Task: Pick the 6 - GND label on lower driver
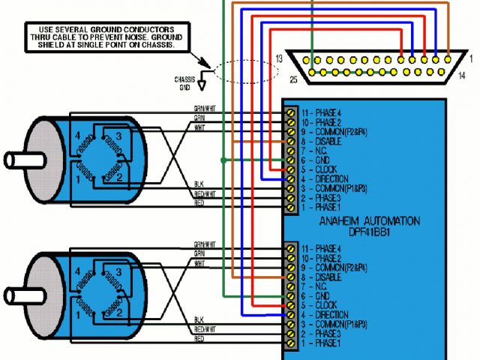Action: coord(314,296)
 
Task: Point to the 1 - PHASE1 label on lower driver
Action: coord(320,343)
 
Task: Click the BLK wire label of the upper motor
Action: coord(199,184)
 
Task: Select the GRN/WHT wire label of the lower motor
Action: coord(203,244)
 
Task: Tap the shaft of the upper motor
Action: coord(19,160)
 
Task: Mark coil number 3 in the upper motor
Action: coord(118,136)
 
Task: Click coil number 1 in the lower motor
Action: coord(78,310)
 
